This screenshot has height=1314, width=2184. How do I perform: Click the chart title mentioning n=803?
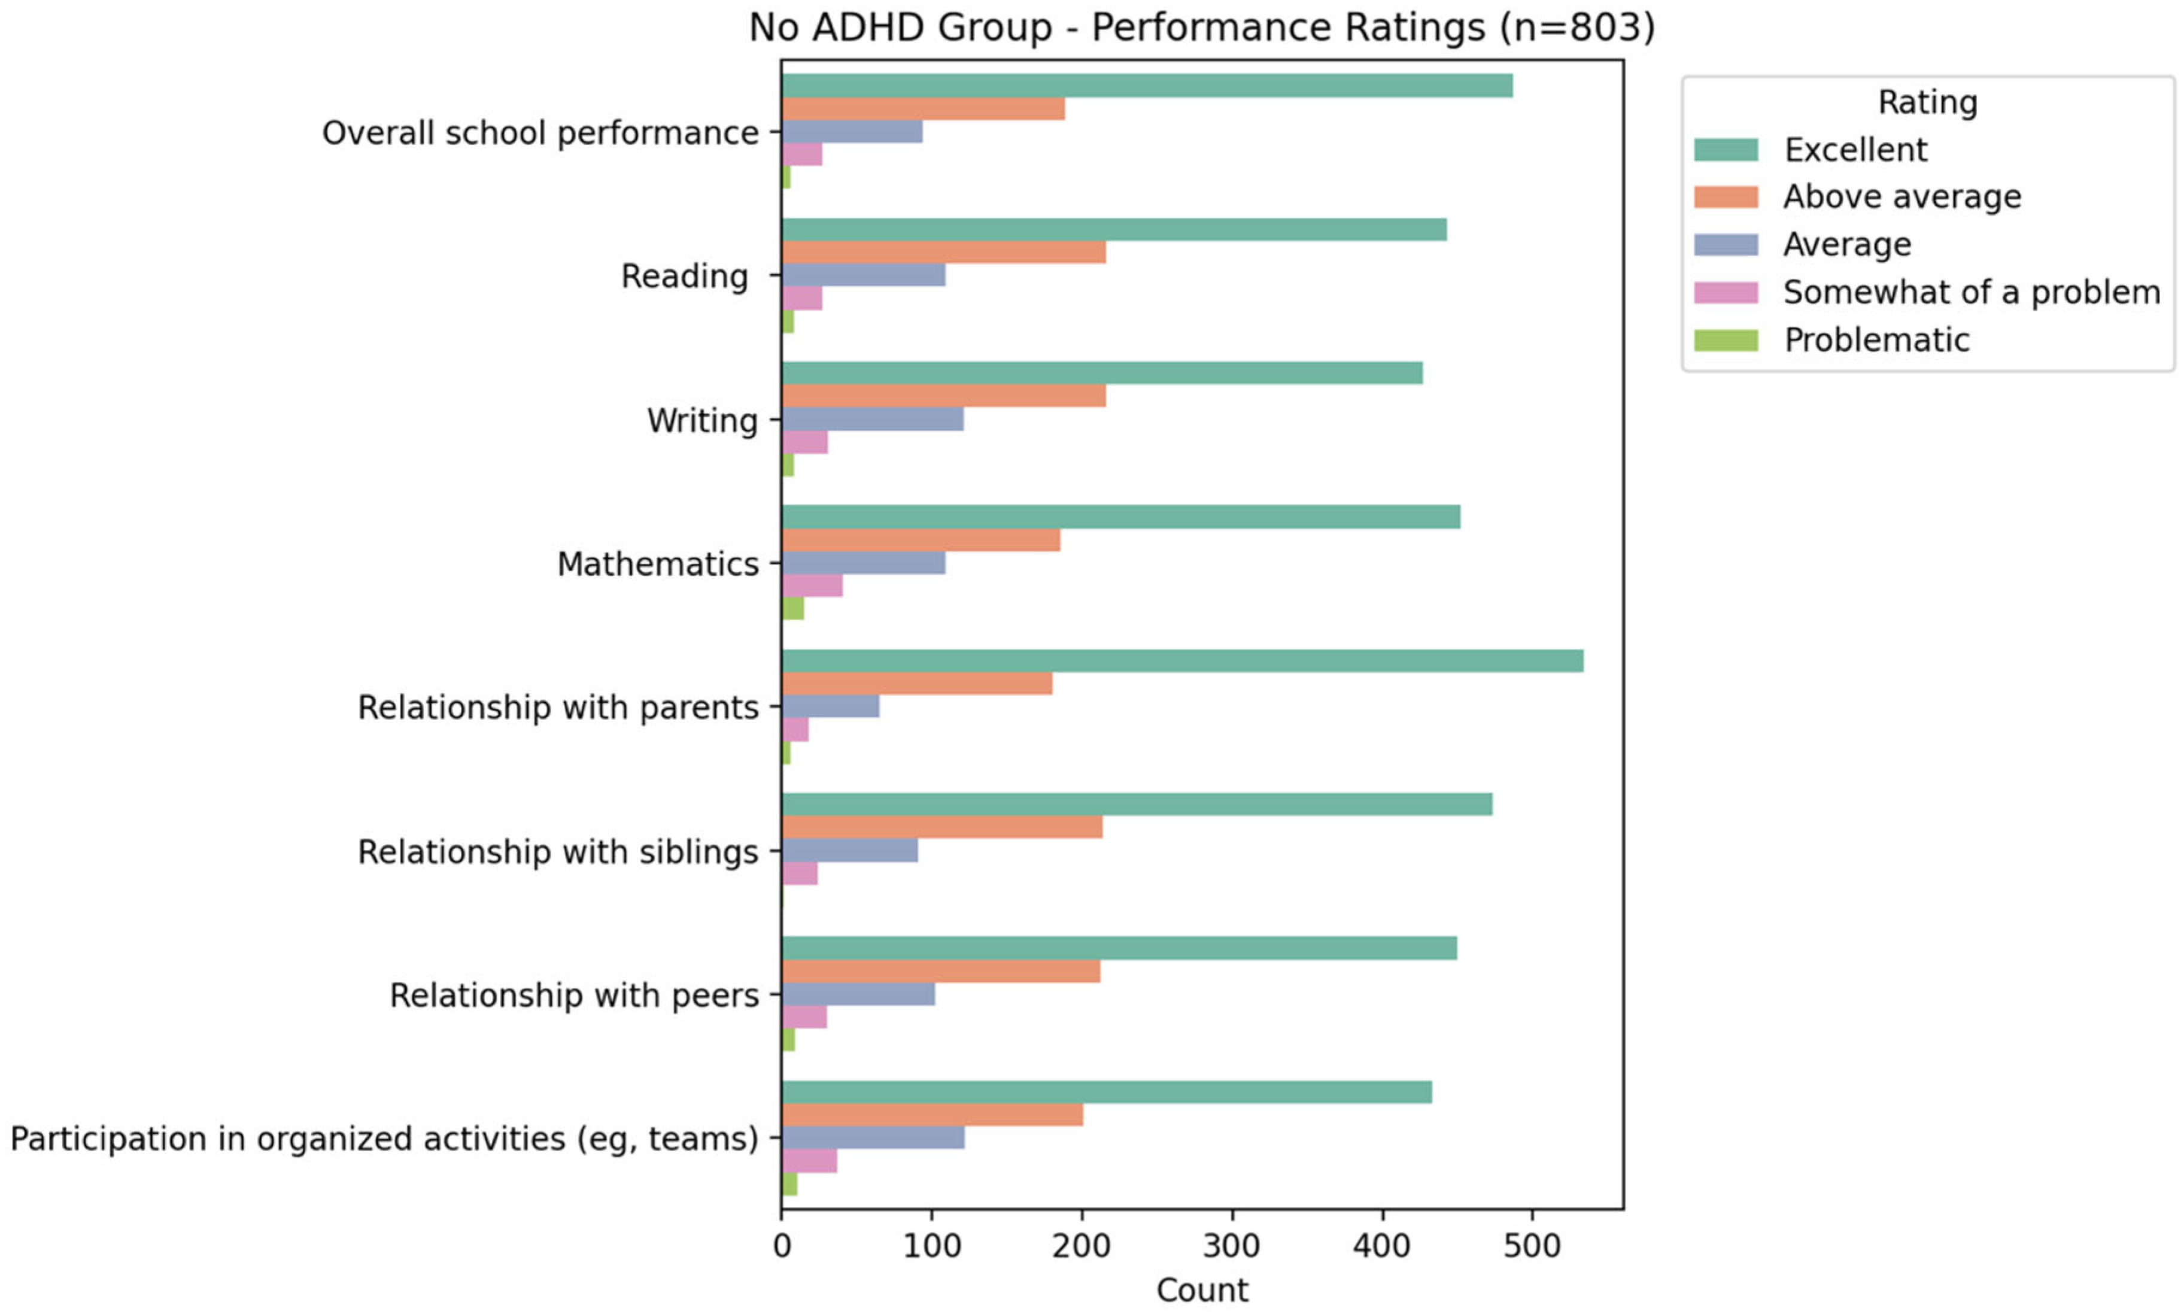1201,28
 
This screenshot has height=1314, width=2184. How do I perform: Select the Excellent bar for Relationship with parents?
1183,660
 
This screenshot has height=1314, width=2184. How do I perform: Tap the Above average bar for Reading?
944,253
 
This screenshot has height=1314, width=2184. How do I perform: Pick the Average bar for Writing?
873,419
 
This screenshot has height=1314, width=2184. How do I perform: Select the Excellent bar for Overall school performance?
1147,86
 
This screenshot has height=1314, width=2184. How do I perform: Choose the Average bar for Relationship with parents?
830,706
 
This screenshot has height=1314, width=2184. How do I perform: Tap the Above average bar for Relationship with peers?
941,972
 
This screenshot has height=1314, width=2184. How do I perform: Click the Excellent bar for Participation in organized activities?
1107,1093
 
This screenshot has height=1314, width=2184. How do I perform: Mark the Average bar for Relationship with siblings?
850,850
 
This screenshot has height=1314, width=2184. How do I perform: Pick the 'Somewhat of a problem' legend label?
1972,292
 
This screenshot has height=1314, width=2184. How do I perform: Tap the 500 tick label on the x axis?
1532,1246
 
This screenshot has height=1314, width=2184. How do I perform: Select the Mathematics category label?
658,564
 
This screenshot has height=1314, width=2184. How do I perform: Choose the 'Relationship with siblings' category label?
558,852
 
